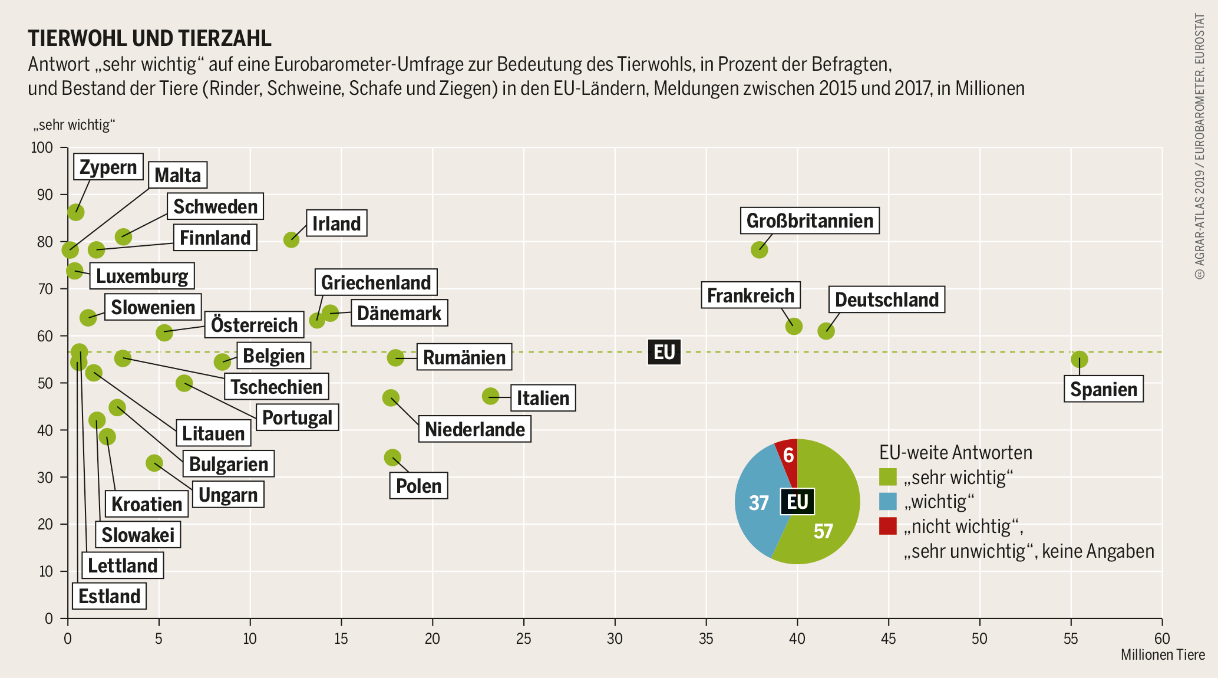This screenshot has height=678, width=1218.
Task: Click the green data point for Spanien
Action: pos(1079,359)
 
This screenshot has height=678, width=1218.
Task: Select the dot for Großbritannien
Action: pos(760,250)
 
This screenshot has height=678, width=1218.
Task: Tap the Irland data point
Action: pos(291,239)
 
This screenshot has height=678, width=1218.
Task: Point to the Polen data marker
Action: pos(392,458)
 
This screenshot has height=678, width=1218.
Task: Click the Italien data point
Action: pos(490,396)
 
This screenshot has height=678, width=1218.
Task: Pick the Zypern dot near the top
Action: pos(75,212)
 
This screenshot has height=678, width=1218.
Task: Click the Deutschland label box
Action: pos(886,299)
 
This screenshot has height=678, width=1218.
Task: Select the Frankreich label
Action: pos(750,295)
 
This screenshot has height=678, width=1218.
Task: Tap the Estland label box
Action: pos(110,596)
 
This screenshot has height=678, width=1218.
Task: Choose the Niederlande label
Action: pos(474,429)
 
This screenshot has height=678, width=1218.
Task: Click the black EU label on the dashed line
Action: pos(664,352)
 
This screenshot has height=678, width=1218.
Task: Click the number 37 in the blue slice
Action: pos(758,503)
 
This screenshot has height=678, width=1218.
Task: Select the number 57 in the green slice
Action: pos(823,531)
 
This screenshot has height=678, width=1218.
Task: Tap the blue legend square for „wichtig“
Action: pos(887,502)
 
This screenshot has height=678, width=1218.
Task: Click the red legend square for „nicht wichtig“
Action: pos(887,526)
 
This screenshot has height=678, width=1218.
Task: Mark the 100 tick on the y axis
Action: pos(42,147)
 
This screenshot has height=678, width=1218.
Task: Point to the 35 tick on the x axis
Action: pos(706,638)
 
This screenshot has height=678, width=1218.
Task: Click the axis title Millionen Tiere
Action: pos(1162,655)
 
